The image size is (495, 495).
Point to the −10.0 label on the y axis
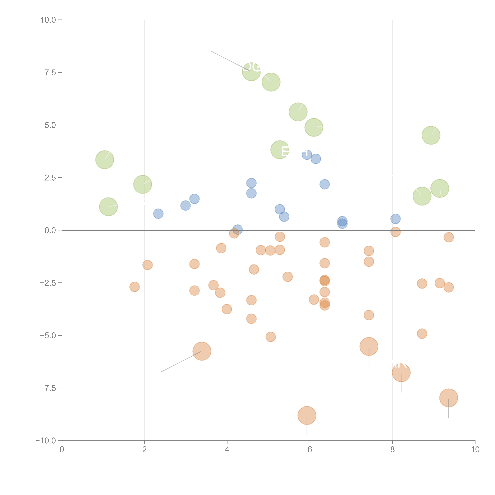pos(46,441)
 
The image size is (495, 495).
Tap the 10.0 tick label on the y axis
pos(48,20)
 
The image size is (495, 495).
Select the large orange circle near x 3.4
pos(202,351)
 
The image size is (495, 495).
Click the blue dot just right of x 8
pos(395,219)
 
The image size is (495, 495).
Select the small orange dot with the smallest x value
pos(135,287)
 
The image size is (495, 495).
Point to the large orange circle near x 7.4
pos(369,346)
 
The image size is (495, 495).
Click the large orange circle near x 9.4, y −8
pos(448,398)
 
